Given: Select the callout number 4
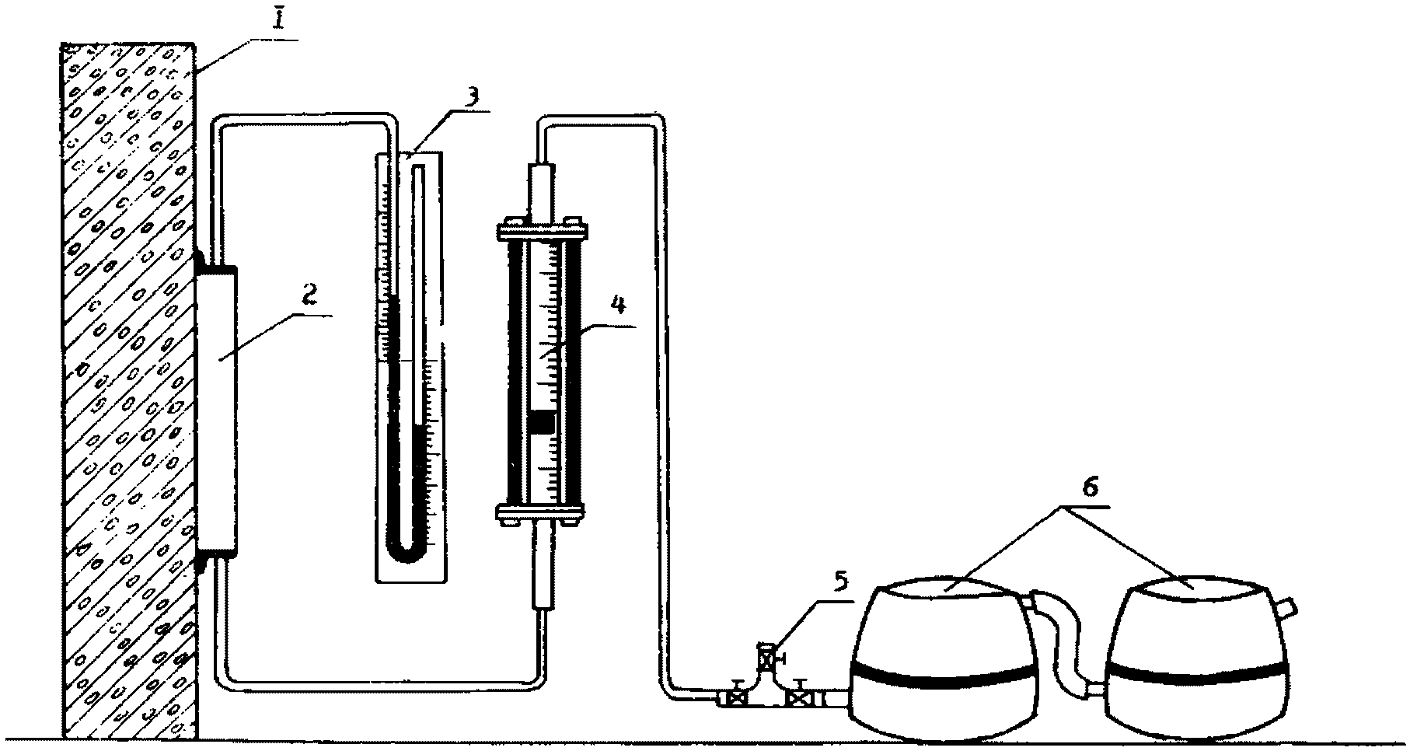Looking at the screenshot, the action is click(x=618, y=305).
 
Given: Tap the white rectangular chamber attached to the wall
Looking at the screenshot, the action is click(x=217, y=408).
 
